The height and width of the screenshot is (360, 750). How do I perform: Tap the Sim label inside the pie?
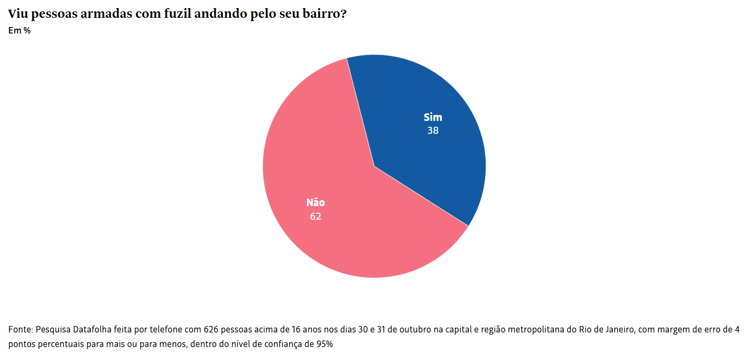coord(433,118)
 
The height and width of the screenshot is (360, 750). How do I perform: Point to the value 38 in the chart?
coord(433,131)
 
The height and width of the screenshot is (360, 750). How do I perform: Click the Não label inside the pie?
coord(316,203)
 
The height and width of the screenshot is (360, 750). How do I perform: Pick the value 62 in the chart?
coord(316,216)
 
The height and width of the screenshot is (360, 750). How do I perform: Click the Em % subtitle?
coord(19,31)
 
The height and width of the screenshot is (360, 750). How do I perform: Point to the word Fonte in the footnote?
coord(20,329)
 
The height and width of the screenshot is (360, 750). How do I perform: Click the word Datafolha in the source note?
coord(92,329)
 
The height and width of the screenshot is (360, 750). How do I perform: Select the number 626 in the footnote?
coord(211,329)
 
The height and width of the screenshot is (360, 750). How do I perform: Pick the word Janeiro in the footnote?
coord(611,329)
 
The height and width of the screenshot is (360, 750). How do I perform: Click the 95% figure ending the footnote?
coord(324,344)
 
